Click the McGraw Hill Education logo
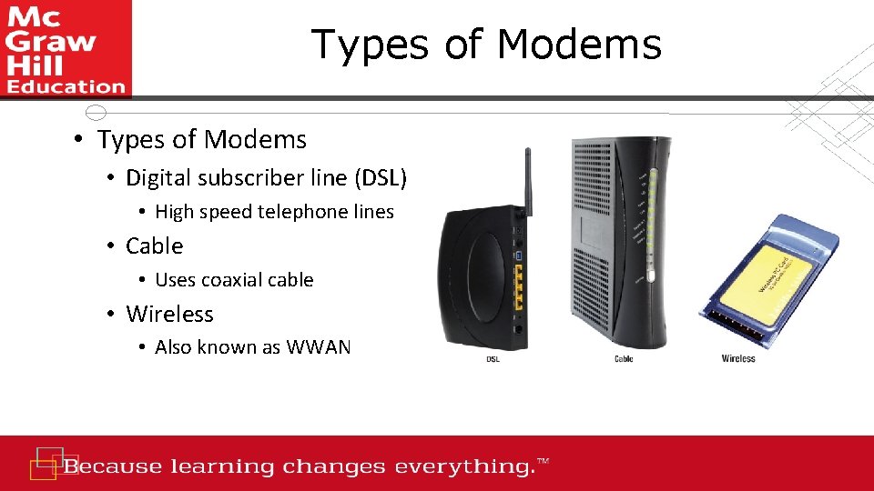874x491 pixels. pyautogui.click(x=66, y=48)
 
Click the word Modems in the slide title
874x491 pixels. pyautogui.click(x=583, y=44)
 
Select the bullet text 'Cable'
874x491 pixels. pyautogui.click(x=154, y=245)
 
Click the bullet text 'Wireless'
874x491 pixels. pyautogui.click(x=169, y=314)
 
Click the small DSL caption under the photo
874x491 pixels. pyautogui.click(x=493, y=360)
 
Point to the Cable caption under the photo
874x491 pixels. pyautogui.click(x=624, y=360)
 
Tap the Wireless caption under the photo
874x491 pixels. pyautogui.click(x=738, y=359)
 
